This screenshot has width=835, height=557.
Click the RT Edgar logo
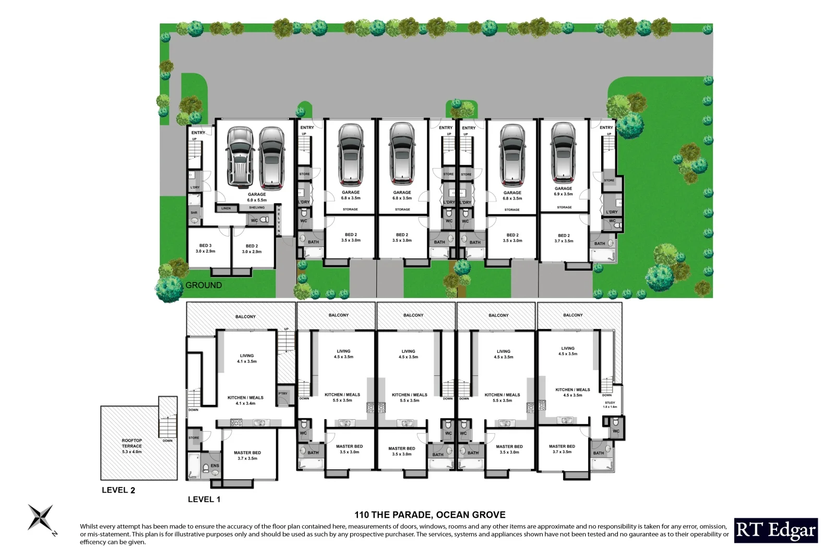pyautogui.click(x=776, y=530)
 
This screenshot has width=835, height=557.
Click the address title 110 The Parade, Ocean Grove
pyautogui.click(x=430, y=515)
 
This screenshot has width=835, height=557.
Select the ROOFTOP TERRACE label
pyautogui.click(x=132, y=446)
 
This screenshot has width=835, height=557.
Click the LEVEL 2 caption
pyautogui.click(x=118, y=490)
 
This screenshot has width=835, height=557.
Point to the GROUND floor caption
pyautogui.click(x=204, y=285)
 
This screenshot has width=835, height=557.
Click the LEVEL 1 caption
pyautogui.click(x=204, y=500)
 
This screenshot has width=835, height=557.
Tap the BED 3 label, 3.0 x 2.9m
pyautogui.click(x=206, y=248)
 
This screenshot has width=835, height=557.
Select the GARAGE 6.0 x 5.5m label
pyautogui.click(x=257, y=197)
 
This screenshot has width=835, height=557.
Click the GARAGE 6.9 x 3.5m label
pyautogui.click(x=563, y=191)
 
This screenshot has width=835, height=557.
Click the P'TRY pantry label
pyautogui.click(x=283, y=394)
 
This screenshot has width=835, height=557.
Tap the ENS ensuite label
pyautogui.click(x=215, y=466)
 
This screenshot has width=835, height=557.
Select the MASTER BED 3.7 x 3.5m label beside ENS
pyautogui.click(x=247, y=455)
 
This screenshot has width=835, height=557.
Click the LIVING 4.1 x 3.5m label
pyautogui.click(x=247, y=358)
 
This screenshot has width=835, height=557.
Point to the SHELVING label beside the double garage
pyautogui.click(x=257, y=208)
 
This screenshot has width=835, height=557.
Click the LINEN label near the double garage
pyautogui.click(x=226, y=208)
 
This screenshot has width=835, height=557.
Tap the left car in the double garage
pyautogui.click(x=240, y=157)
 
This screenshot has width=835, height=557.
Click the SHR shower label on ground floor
pyautogui.click(x=194, y=213)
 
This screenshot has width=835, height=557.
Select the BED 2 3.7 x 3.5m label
pyautogui.click(x=564, y=238)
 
